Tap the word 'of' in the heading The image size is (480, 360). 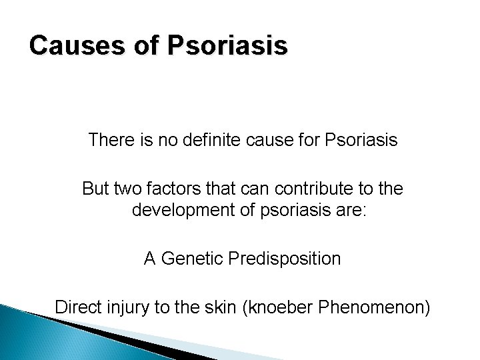(143, 46)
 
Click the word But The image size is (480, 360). (97, 189)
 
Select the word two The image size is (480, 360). (131, 189)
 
